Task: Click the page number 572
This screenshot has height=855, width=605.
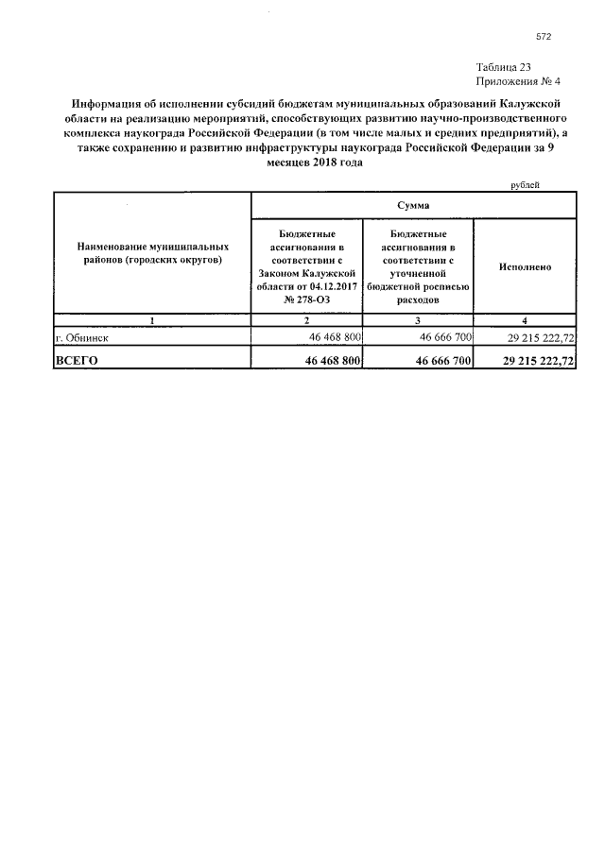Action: pos(543,37)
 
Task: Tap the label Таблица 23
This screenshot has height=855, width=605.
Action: pos(505,67)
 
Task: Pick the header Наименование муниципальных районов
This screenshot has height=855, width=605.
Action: pos(152,252)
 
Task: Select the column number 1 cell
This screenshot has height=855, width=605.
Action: pos(152,321)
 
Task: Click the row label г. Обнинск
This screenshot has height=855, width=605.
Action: pos(82,336)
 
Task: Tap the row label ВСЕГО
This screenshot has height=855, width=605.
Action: pos(78,361)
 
